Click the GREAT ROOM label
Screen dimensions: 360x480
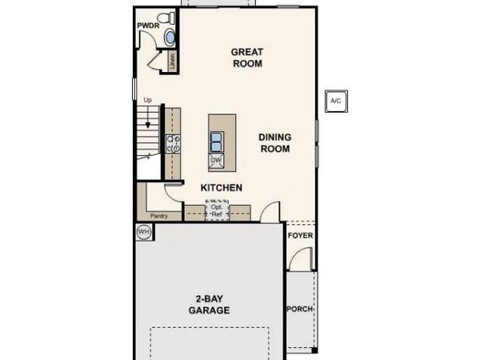coord(247,58)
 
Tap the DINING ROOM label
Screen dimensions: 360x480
coord(274,142)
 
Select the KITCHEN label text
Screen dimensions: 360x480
coord(222,187)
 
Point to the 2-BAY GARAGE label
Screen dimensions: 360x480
coord(210,304)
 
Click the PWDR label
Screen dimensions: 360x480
coord(148,26)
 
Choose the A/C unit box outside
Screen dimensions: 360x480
coord(335,102)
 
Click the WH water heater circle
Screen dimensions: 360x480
coord(144,232)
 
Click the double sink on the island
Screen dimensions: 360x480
coord(216,142)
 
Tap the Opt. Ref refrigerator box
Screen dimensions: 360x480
coord(216,210)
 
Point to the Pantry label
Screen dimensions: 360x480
coord(159,216)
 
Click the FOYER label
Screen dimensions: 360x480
coord(300,237)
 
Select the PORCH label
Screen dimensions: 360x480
coord(300,309)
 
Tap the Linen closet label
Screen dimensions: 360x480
coord(172,62)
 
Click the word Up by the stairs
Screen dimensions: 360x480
coord(147,100)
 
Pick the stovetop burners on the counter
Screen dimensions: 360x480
coord(173,143)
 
